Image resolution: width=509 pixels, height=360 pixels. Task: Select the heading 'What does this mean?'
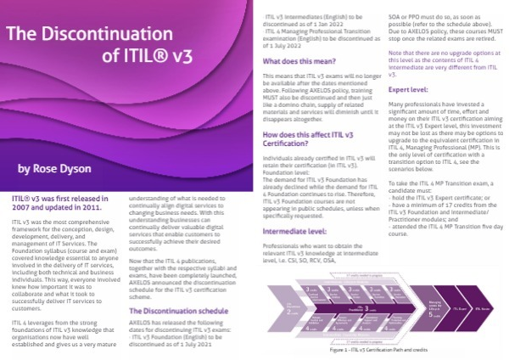coord(298,62)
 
